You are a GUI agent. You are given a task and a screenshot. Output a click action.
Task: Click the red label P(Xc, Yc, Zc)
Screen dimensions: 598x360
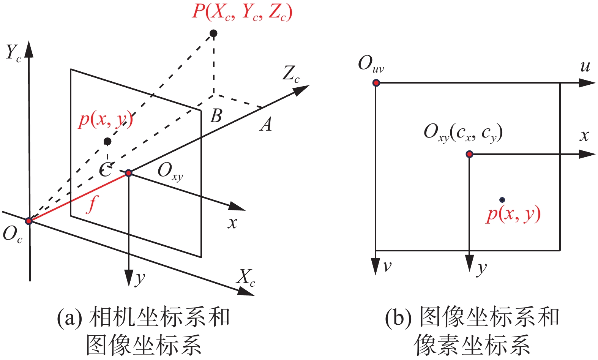tap(242, 12)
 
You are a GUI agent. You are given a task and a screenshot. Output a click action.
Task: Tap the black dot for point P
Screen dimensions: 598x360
tap(214, 33)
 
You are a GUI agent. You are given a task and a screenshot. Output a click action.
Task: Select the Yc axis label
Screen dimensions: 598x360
tap(14, 53)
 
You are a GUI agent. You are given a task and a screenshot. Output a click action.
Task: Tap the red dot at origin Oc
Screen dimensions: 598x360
tap(28, 221)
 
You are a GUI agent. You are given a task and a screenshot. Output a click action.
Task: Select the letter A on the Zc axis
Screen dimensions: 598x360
tap(266, 124)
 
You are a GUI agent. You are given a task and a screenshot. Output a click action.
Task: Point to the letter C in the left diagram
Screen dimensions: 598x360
tap(105, 169)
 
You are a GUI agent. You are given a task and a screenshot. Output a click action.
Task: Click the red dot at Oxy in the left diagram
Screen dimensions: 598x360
tap(128, 173)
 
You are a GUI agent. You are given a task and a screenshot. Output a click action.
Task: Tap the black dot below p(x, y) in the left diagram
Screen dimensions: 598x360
tap(107, 141)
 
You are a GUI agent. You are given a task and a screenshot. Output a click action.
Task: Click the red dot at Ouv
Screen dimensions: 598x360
tap(376, 83)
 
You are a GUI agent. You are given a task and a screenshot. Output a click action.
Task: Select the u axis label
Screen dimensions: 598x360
tap(585, 66)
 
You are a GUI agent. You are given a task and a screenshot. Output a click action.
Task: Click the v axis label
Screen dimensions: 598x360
tap(387, 266)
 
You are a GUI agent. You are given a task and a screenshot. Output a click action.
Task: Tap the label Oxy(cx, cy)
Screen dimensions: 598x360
tap(463, 133)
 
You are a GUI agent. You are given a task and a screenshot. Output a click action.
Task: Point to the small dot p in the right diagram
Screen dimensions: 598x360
tap(502, 200)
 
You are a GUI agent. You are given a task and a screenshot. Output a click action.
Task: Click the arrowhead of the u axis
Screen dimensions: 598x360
tap(587, 83)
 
